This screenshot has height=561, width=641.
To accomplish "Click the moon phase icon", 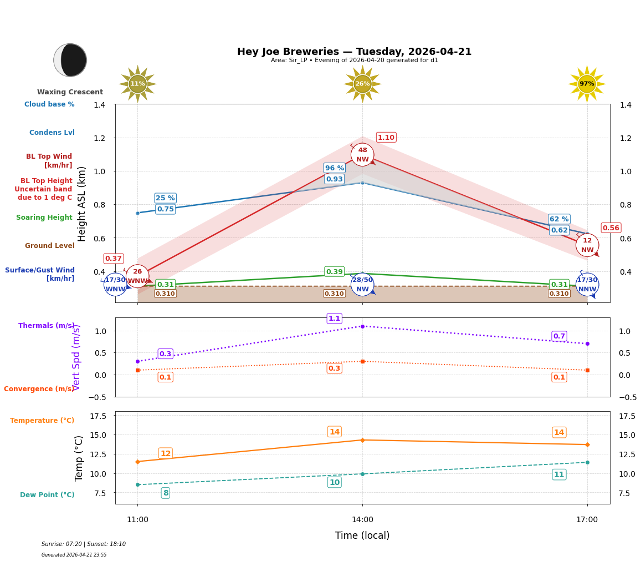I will tap(70, 60).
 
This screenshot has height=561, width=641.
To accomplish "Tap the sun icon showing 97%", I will tap(587, 84).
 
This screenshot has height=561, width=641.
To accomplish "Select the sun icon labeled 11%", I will tap(137, 84).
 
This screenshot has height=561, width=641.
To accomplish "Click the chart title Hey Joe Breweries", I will tap(354, 52).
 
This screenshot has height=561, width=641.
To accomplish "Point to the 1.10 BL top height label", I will tap(386, 138).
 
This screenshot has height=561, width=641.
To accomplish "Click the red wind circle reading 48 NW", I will tap(362, 155).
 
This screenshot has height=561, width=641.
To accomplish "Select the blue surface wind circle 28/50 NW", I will tap(362, 285).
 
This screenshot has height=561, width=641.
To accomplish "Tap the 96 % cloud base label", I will tap(334, 168).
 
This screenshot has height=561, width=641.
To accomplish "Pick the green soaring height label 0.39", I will tap(334, 272).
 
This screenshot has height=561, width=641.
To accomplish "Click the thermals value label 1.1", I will tap(334, 319).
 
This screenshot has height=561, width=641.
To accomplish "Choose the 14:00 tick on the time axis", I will tap(362, 519).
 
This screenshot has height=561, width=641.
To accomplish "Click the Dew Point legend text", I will tap(47, 495).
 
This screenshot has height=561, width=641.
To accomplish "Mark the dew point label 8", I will tap(166, 493).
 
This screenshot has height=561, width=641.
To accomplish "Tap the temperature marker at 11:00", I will tap(137, 462).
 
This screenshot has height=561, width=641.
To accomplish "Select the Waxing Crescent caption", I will tap(70, 92).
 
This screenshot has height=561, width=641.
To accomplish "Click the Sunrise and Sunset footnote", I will tap(84, 544).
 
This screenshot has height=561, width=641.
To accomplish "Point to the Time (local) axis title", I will tap(362, 535).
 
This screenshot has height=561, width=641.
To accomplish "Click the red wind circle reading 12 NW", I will tap(587, 245).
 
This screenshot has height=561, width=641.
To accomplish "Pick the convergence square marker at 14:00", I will tap(362, 361).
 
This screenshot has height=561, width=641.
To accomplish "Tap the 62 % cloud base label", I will tap(559, 219).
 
